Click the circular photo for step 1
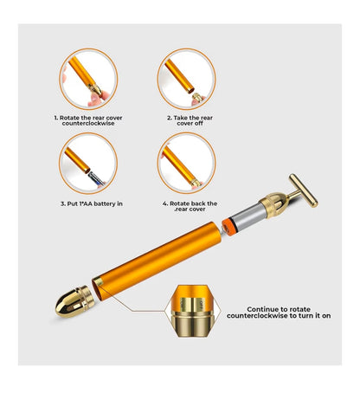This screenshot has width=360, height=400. [x=88, y=80]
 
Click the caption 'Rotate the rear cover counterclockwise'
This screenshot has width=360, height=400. [x=88, y=119]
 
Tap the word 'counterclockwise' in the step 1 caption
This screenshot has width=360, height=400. [x=88, y=123]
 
